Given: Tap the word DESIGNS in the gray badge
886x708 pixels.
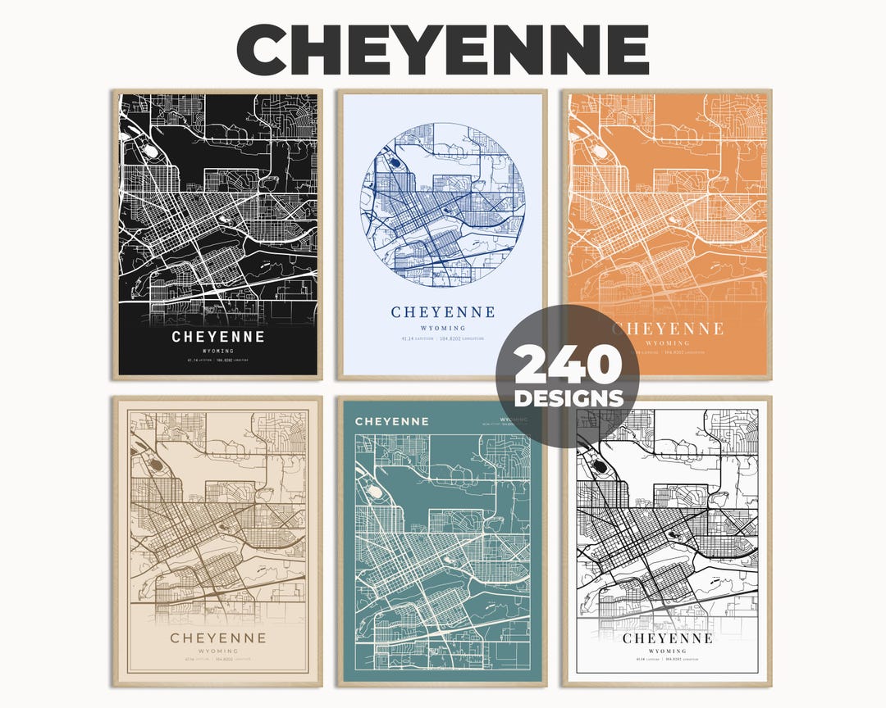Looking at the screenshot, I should click(x=567, y=398).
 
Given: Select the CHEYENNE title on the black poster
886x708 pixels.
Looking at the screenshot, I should click(x=218, y=337).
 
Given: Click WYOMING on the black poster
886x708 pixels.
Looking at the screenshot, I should click(x=218, y=351).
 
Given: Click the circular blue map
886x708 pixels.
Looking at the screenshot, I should click(x=443, y=205).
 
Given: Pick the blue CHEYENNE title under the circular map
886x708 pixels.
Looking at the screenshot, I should click(x=443, y=312).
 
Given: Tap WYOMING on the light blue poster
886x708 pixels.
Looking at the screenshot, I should click(x=443, y=327).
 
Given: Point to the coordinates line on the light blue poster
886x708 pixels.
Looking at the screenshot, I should click(x=443, y=338).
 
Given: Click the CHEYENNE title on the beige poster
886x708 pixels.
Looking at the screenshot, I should click(x=218, y=638).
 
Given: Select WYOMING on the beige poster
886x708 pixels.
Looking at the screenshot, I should click(x=218, y=651).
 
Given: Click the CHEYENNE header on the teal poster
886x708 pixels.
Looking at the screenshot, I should click(x=391, y=421).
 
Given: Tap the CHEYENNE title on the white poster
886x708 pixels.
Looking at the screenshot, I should click(x=667, y=638).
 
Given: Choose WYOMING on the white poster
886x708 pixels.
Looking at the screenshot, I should click(x=667, y=651).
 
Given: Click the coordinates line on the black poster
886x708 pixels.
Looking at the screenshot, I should click(x=218, y=360).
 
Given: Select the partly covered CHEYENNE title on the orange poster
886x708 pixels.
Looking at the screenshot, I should click(x=667, y=329).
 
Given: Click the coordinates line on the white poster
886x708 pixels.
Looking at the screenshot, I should click(x=667, y=660).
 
